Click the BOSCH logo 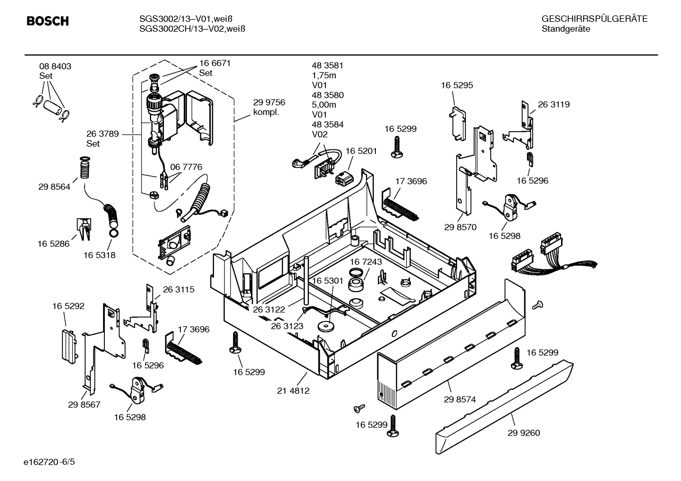point(48,21)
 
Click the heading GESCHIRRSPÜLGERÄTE point(594,19)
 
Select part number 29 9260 point(524,433)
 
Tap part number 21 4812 point(293,391)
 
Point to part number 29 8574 point(460,399)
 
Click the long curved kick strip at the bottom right point(505,405)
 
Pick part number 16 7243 point(366,262)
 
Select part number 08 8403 point(55,67)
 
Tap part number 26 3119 point(553,104)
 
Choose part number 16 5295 point(457,85)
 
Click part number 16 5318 point(99,255)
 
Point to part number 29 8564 point(54,187)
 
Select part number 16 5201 point(361,151)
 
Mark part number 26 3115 point(179,289)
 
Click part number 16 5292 point(68,306)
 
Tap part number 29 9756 point(269,102)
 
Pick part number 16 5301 point(327,280)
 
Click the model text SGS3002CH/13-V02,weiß point(192,29)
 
